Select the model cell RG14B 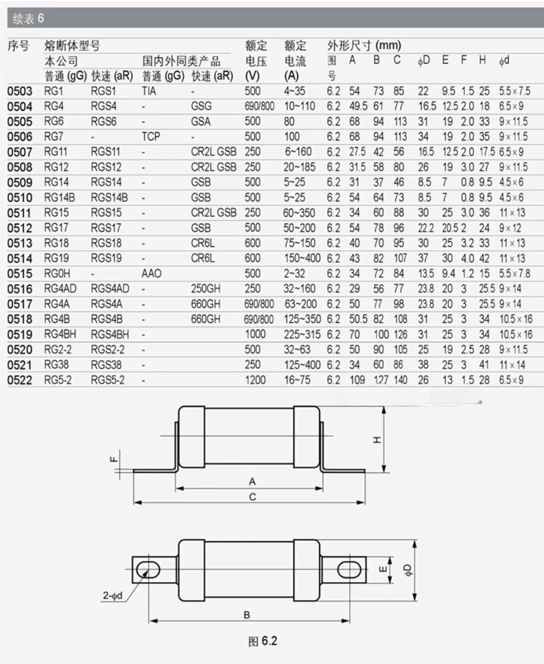coord(59,198)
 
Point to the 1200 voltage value coord(255,380)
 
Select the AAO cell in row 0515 coord(151,274)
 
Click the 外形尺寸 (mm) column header coord(364,46)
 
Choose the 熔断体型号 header coord(72,46)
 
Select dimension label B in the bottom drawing coord(247,615)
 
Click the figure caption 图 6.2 coord(262,642)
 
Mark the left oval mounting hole coord(148,568)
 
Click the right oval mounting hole coord(348,568)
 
